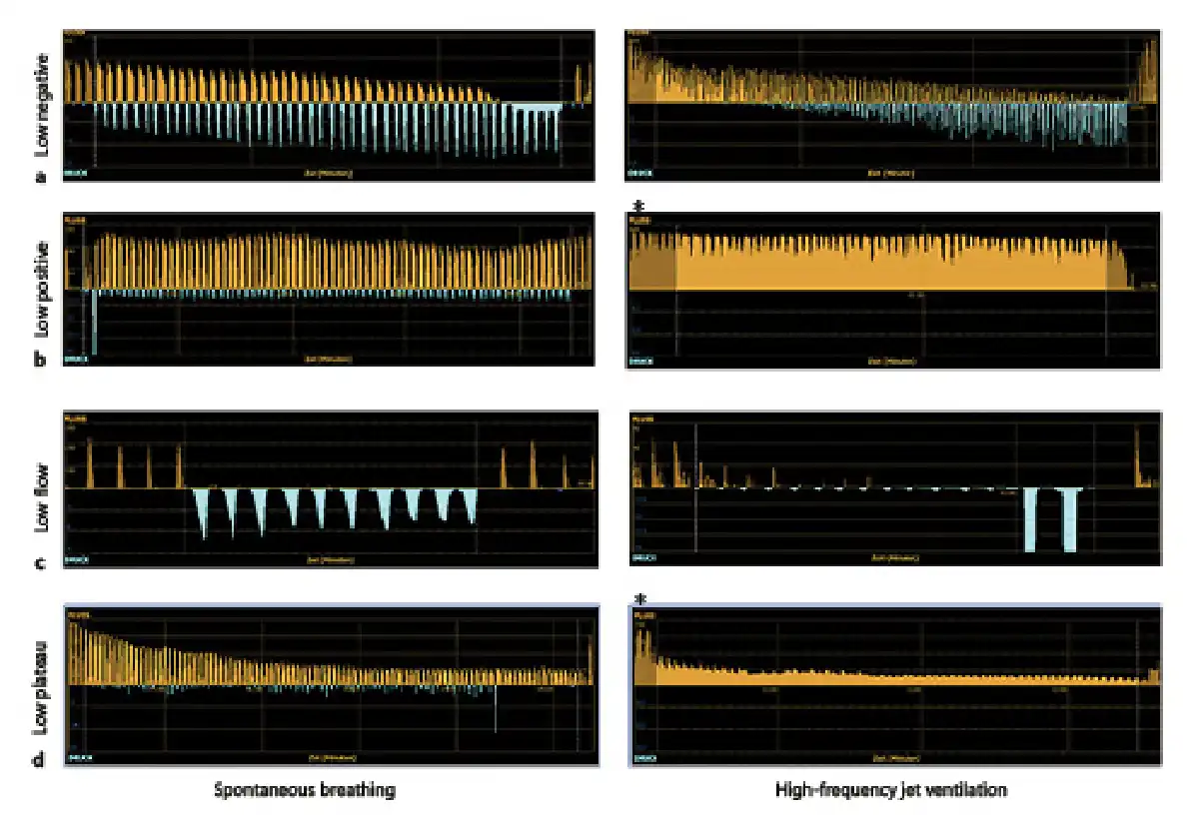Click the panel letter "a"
click(x=40, y=177)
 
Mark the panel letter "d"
click(x=40, y=762)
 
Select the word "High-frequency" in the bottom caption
click(x=825, y=790)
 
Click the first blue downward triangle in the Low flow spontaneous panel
click(x=204, y=509)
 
